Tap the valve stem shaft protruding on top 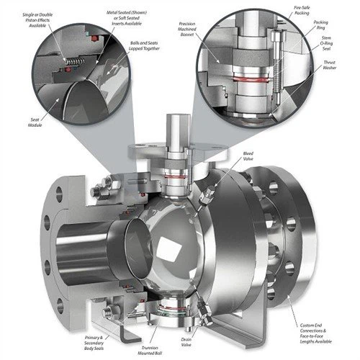pyautogui.click(x=177, y=130)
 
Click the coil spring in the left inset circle pyautogui.click(x=69, y=63)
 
